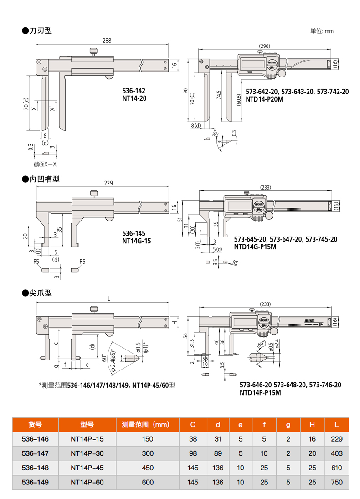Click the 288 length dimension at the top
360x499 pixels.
point(106,41)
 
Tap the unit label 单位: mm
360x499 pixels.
point(322,31)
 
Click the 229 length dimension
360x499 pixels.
point(108,183)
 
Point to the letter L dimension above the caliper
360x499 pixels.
point(108,298)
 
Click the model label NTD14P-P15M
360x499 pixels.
point(261,392)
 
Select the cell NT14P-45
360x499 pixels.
point(87,468)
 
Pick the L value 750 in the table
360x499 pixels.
point(336,482)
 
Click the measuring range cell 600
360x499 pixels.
point(148,482)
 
